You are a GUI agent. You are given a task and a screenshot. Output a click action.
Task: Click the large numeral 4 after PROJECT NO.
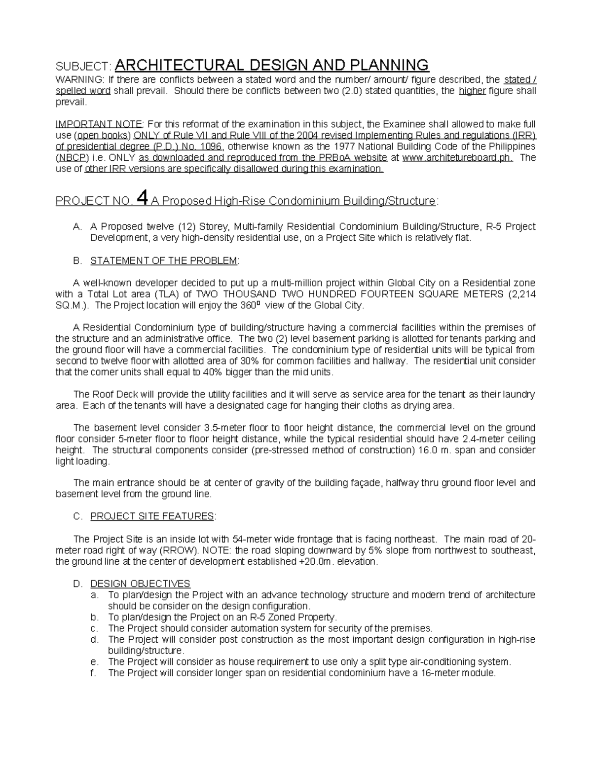point(141,199)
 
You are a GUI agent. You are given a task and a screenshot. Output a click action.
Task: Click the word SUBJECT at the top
point(83,67)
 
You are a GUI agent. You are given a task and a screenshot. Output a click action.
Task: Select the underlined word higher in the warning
point(472,91)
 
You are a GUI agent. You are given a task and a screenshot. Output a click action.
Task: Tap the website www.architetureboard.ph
point(457,158)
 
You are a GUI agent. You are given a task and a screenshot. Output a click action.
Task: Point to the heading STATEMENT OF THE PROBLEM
point(164,261)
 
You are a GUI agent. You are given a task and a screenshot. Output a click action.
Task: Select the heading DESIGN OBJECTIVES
point(140,584)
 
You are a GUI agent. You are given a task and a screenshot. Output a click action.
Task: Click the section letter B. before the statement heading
point(77,261)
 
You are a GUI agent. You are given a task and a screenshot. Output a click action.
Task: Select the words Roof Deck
point(112,395)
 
